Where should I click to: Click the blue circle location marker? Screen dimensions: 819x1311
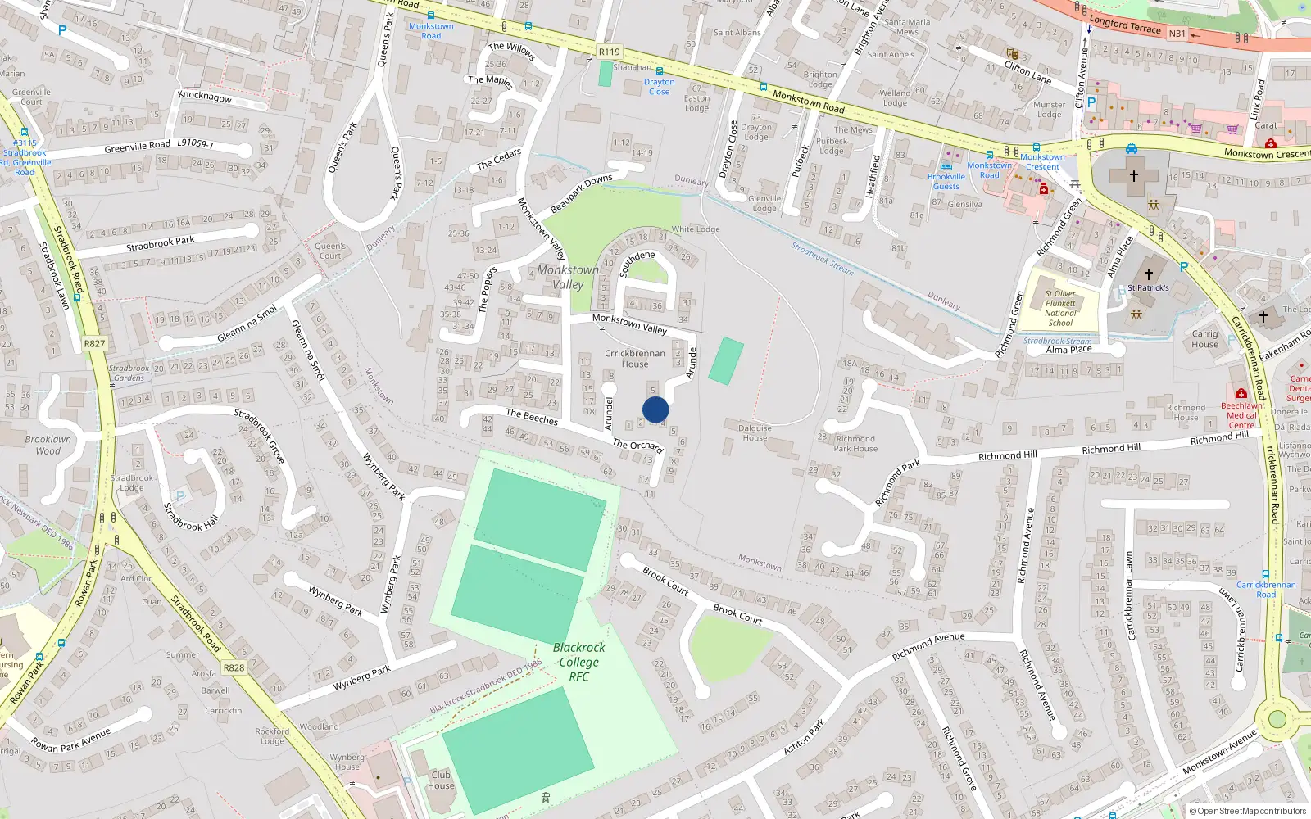[x=655, y=409]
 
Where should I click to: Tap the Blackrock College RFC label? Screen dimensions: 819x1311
[x=579, y=662]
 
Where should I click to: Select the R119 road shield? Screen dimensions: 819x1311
[x=609, y=52]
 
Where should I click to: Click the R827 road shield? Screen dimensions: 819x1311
[x=94, y=344]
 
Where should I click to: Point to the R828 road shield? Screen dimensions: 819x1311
[x=234, y=667]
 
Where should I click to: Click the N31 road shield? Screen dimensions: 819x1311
[x=1177, y=34]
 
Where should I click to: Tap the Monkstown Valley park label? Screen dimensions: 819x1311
[x=568, y=277]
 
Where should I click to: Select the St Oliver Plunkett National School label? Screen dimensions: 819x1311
[x=1060, y=308]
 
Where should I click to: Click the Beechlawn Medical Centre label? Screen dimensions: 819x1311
[x=1241, y=415]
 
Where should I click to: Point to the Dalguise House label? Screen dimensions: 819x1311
[x=755, y=432]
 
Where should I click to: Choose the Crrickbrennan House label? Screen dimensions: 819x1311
[x=635, y=359]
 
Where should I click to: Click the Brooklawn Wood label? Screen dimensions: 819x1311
[x=48, y=445]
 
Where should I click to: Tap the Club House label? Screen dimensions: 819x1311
[x=441, y=780]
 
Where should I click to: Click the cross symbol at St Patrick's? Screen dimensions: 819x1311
[x=1148, y=274]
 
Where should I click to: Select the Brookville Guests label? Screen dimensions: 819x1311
[x=946, y=181]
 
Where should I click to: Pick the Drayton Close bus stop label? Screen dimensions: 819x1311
[x=659, y=86]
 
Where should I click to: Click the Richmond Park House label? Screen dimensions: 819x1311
[x=855, y=443]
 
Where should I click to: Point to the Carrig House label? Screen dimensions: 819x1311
[x=1204, y=339]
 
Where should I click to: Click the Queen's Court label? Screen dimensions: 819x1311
[x=330, y=251]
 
